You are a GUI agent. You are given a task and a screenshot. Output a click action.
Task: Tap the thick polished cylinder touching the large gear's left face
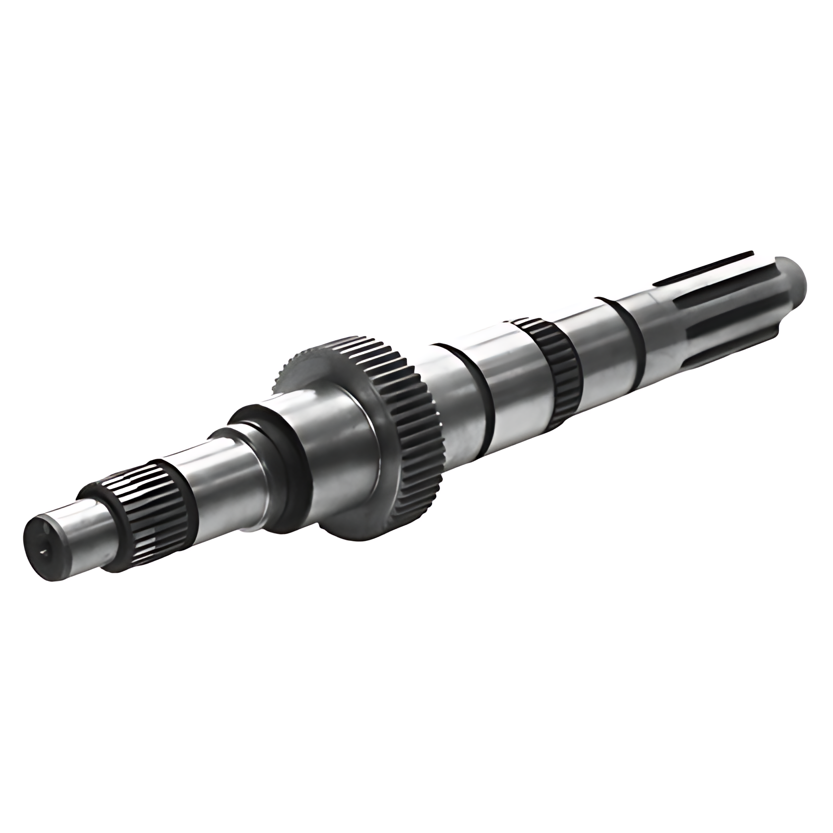pos(337,436)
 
